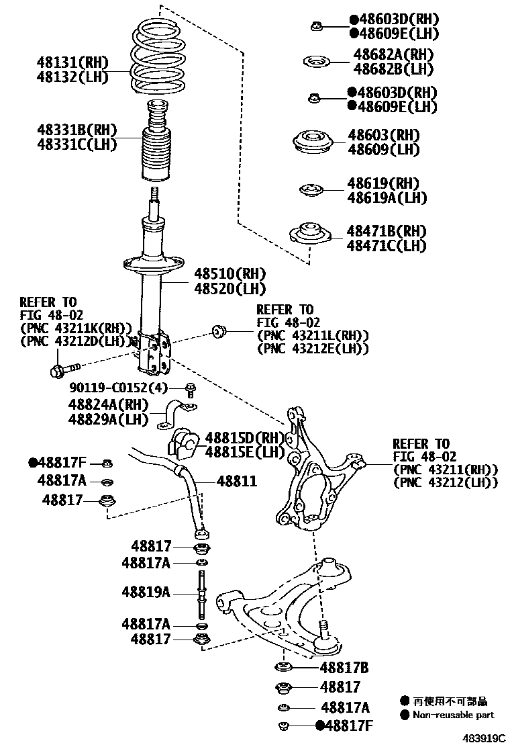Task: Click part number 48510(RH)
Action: pos(229,274)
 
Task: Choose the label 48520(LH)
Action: pos(229,289)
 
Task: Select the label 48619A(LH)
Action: pos(387,197)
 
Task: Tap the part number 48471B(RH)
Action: pos(386,231)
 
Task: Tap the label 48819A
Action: pos(146,592)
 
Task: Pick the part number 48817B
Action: pos(344,668)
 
